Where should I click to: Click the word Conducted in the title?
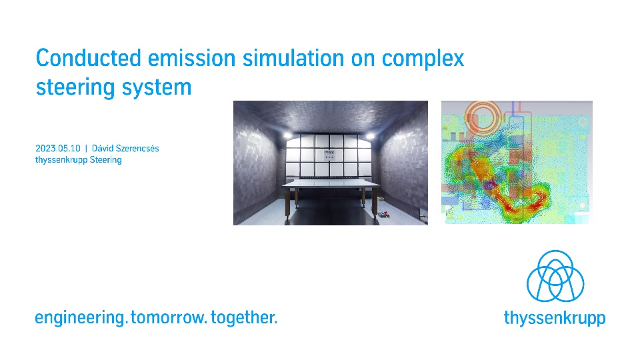click(x=89, y=58)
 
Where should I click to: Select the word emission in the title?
click(x=192, y=58)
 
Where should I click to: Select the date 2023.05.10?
click(x=58, y=148)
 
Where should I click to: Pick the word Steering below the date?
click(x=106, y=160)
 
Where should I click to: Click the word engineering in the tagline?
click(x=80, y=318)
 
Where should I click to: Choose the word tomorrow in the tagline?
click(x=168, y=318)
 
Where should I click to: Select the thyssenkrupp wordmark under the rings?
click(x=555, y=318)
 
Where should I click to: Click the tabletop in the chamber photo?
click(x=331, y=184)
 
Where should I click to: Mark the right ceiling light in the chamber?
click(x=371, y=135)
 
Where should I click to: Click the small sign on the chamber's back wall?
click(x=329, y=155)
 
